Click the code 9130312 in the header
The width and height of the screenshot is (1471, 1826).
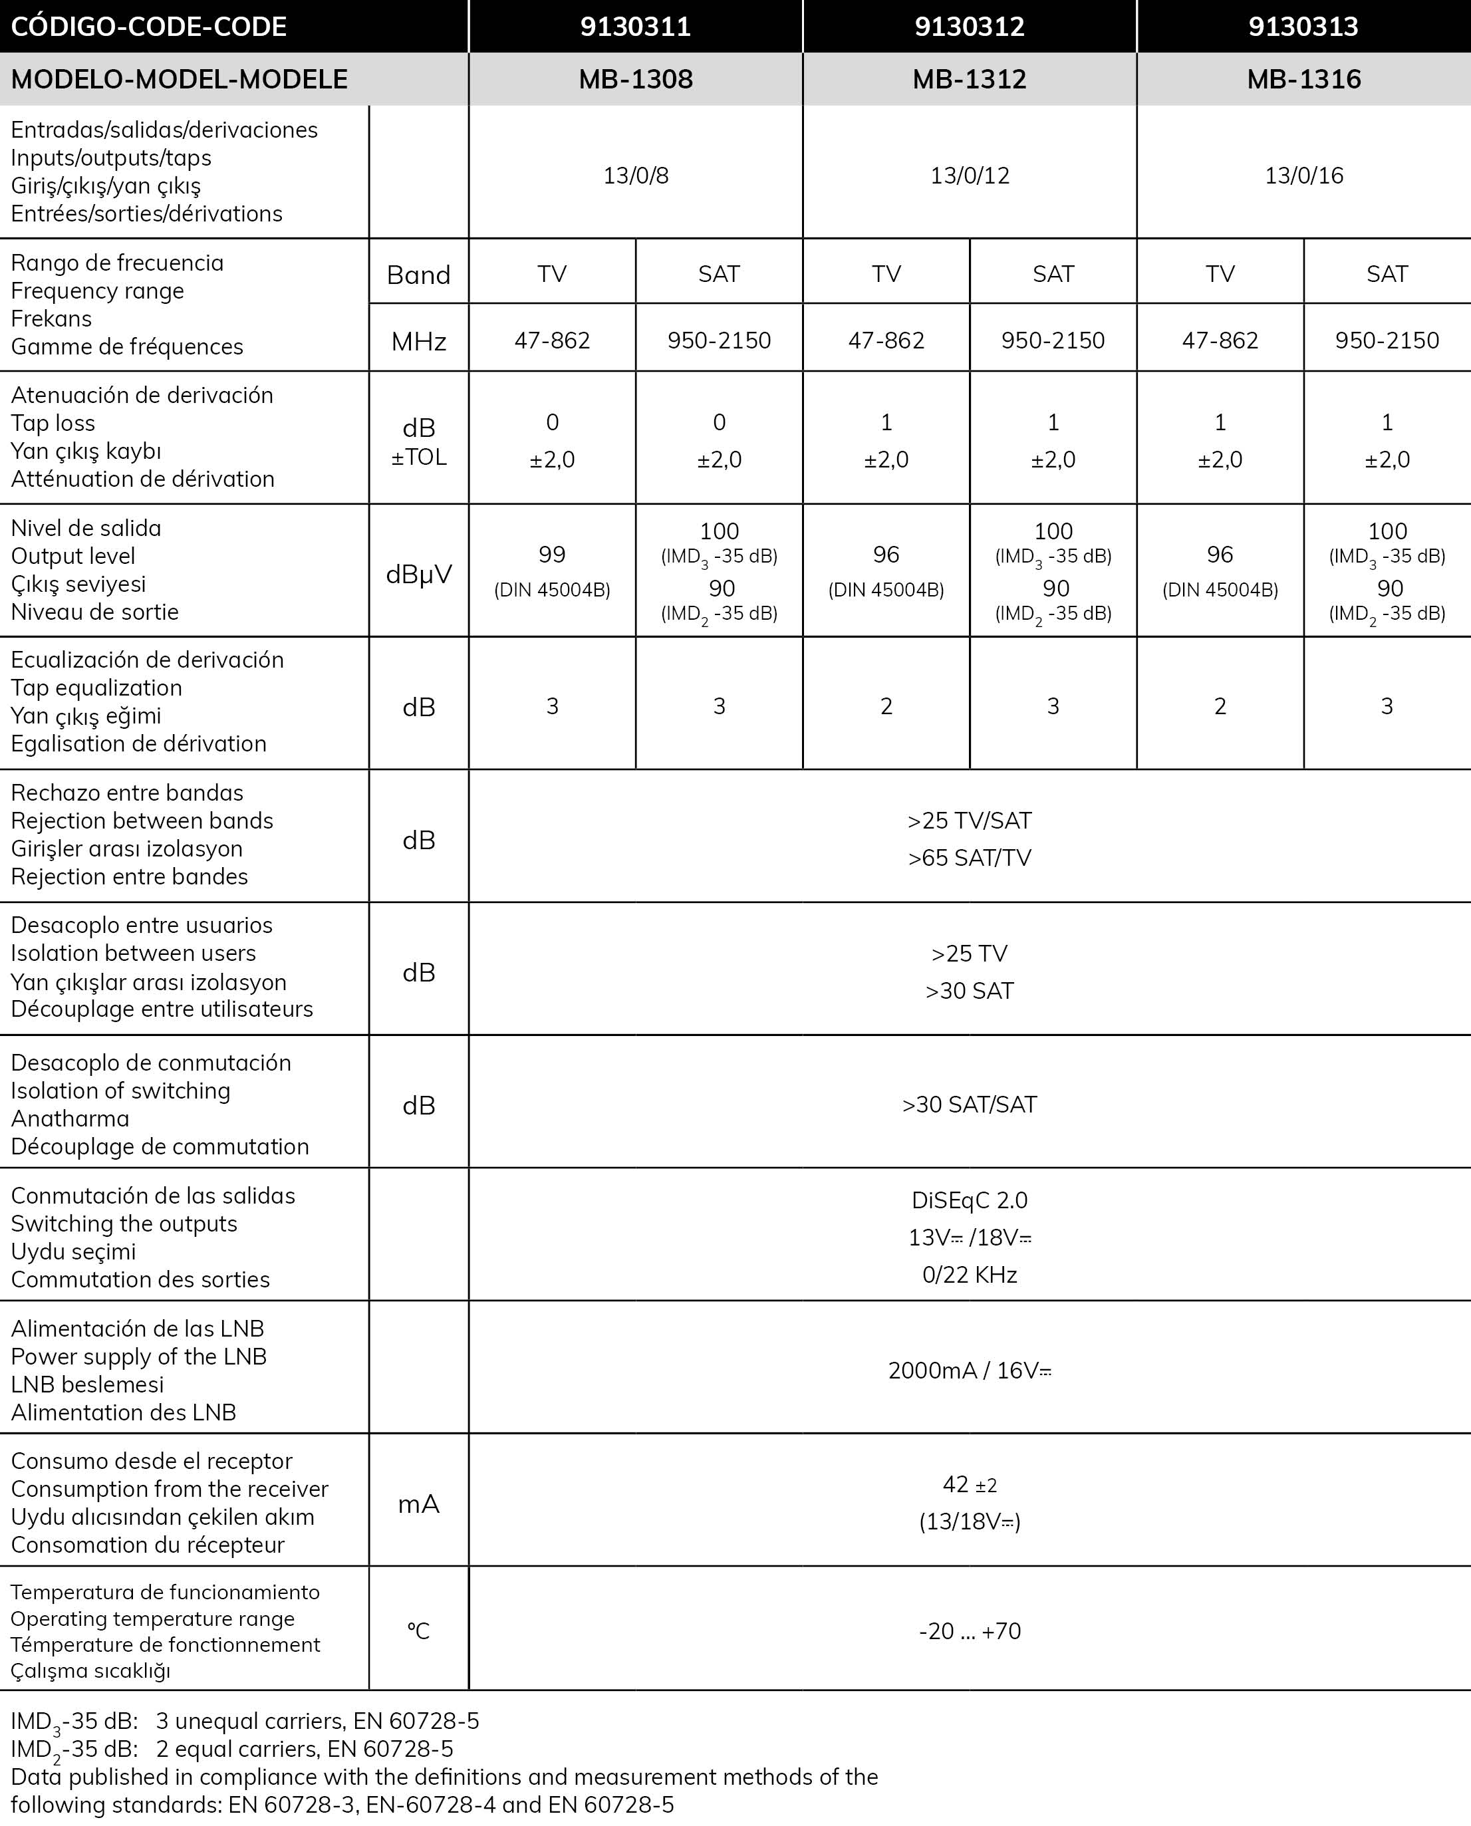click(x=970, y=27)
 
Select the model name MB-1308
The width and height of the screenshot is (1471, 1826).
click(x=636, y=79)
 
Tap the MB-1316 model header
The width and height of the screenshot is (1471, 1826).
click(x=1303, y=79)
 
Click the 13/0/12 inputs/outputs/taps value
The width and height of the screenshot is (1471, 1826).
click(x=970, y=176)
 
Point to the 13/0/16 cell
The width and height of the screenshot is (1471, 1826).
click(x=1303, y=176)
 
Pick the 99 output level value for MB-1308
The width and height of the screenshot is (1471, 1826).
click(x=552, y=554)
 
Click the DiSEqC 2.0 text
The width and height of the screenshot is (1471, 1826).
click(x=970, y=1200)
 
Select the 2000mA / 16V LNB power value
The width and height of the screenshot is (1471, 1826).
click(x=970, y=1370)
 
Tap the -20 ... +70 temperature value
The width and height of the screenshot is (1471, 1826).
click(x=970, y=1631)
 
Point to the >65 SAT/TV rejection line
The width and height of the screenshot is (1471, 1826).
click(x=970, y=858)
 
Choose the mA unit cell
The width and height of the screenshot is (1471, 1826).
click(x=418, y=1503)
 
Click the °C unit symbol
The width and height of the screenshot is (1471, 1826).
click(x=418, y=1631)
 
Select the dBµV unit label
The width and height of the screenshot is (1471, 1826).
click(x=418, y=574)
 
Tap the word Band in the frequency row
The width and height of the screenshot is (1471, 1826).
click(x=418, y=275)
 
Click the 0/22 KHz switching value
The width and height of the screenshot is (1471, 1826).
click(x=970, y=1274)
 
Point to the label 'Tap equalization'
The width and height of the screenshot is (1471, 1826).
click(x=96, y=687)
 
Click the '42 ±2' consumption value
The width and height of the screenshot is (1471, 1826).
click(x=970, y=1484)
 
